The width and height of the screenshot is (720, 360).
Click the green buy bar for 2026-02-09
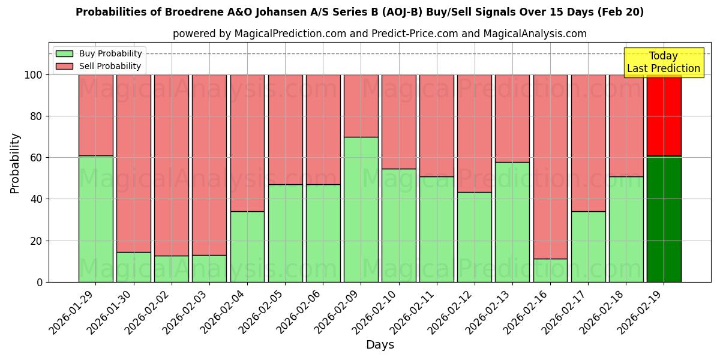pyautogui.click(x=361, y=209)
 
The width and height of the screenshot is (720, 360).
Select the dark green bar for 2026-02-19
pyautogui.click(x=664, y=219)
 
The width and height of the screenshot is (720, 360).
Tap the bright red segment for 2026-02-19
pyautogui.click(x=664, y=115)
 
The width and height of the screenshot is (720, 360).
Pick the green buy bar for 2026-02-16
pyautogui.click(x=550, y=270)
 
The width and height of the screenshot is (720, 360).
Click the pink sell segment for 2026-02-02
pyautogui.click(x=172, y=165)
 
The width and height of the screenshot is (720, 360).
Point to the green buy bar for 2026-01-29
pyautogui.click(x=96, y=219)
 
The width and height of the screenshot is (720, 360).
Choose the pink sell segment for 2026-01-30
pyautogui.click(x=134, y=163)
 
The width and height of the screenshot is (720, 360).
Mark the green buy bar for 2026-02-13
pyautogui.click(x=512, y=222)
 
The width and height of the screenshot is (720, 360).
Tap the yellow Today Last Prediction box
pyautogui.click(x=663, y=62)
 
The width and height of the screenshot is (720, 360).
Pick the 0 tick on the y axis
pyautogui.click(x=40, y=282)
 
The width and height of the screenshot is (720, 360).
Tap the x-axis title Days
pyautogui.click(x=380, y=345)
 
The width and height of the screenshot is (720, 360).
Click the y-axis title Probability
pyautogui.click(x=15, y=163)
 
